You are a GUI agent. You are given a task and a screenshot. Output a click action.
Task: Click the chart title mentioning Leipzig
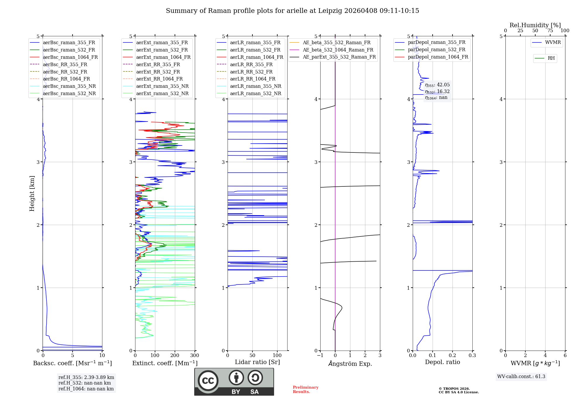pyautogui.click(x=292, y=11)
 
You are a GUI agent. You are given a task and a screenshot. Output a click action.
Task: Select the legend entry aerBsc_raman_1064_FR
pyautogui.click(x=70, y=57)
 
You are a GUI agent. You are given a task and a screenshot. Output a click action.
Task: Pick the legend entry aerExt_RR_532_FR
pyautogui.click(x=158, y=72)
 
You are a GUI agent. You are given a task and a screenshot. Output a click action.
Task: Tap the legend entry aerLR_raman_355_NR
pyautogui.click(x=255, y=86)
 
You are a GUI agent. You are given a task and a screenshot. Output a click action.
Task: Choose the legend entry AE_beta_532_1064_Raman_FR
pyautogui.click(x=338, y=50)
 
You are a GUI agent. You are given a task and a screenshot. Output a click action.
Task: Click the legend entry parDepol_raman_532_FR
pyautogui.click(x=436, y=50)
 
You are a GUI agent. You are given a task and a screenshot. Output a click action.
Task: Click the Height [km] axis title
pyautogui.click(x=32, y=193)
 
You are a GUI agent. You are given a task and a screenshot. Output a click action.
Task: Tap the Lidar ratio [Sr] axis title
pyautogui.click(x=257, y=362)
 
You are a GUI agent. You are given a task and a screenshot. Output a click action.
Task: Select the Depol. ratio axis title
pyautogui.click(x=442, y=362)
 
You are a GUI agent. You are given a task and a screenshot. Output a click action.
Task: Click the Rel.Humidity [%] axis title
pyautogui.click(x=535, y=25)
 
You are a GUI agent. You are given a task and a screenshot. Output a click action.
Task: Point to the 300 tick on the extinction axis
pyautogui.click(x=195, y=356)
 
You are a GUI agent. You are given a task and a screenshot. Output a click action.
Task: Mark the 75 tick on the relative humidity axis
pyautogui.click(x=550, y=31)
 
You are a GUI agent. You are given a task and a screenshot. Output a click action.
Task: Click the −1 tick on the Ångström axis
pyautogui.click(x=320, y=356)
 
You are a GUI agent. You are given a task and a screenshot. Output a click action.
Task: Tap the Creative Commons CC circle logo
pyautogui.click(x=208, y=380)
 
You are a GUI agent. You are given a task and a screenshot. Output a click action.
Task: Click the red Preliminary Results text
pyautogui.click(x=305, y=390)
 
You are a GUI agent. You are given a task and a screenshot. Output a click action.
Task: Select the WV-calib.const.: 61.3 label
pyautogui.click(x=521, y=377)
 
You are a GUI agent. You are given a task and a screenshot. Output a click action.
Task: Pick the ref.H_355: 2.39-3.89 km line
pyautogui.click(x=86, y=377)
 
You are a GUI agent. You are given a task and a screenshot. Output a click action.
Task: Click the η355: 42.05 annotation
pyautogui.click(x=437, y=85)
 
